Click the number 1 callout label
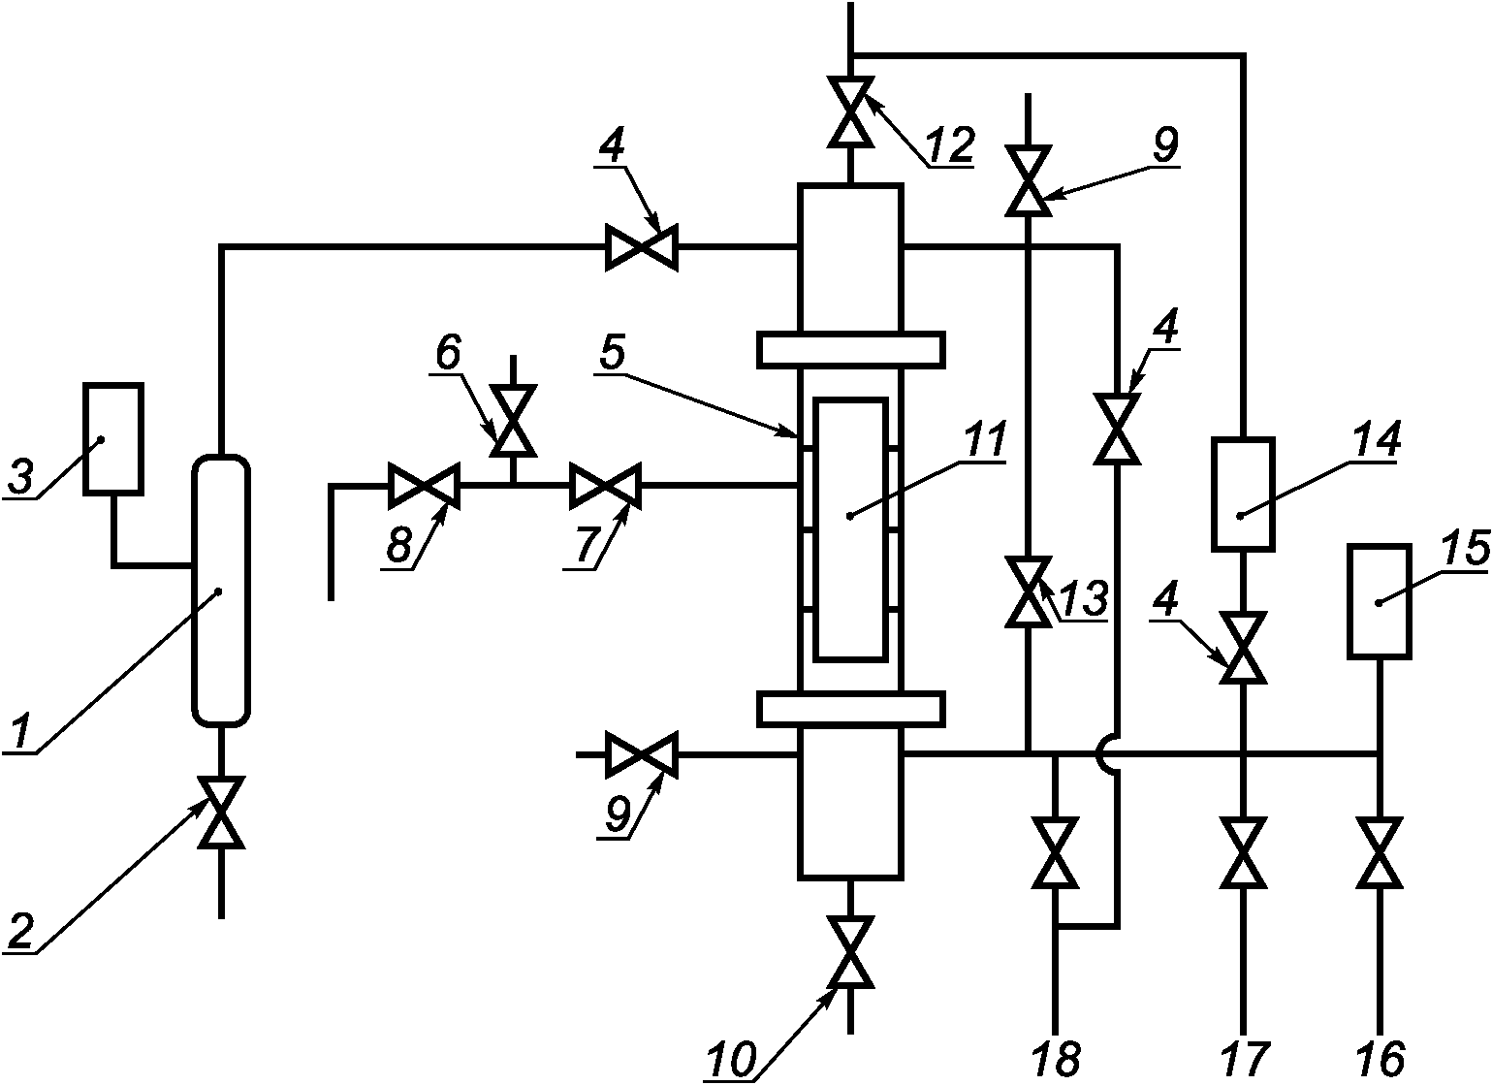point(20,731)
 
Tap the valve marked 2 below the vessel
point(222,812)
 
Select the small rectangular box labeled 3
point(113,439)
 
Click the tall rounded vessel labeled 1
point(221,590)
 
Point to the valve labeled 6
point(513,421)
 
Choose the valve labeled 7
point(605,486)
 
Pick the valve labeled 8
point(425,486)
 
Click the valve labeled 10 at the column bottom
point(850,952)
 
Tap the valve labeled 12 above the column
point(850,112)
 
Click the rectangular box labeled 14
point(1243,495)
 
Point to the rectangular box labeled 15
point(1379,601)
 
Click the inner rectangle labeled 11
point(850,529)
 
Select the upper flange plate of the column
point(850,350)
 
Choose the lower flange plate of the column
point(850,710)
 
